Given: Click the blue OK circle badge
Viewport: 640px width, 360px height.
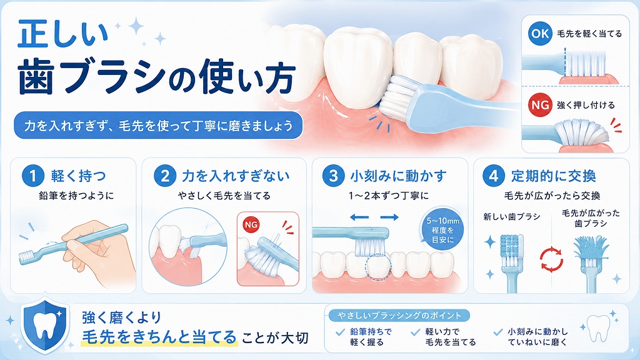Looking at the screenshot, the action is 540,33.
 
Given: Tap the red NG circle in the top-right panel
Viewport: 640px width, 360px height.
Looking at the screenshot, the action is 540,105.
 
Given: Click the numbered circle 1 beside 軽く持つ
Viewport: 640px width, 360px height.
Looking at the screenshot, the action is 32,176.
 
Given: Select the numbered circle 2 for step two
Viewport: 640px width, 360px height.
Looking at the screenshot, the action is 164,176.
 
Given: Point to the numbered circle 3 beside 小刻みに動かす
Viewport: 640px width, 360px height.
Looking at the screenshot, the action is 333,176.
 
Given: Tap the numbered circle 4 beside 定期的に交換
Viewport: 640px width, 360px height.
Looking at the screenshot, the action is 494,176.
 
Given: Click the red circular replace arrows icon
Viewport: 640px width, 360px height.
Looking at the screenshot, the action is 551,259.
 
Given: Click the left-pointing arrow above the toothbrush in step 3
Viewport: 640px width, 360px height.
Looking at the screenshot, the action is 359,217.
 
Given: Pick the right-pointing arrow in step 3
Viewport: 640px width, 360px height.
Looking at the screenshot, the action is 389,217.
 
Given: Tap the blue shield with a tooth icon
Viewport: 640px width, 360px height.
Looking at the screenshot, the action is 45,326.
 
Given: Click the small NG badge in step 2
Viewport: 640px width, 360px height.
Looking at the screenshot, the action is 251,224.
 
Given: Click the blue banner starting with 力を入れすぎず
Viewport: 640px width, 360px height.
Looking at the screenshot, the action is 158,125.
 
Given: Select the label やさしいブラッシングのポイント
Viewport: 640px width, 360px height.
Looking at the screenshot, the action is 399,316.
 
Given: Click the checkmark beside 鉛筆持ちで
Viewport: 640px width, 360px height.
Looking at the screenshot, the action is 340,332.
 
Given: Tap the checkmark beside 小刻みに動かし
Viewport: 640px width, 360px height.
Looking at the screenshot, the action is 497,332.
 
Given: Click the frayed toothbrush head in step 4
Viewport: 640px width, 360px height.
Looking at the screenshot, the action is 591,250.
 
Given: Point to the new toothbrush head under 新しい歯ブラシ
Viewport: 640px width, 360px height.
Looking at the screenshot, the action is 511,250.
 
